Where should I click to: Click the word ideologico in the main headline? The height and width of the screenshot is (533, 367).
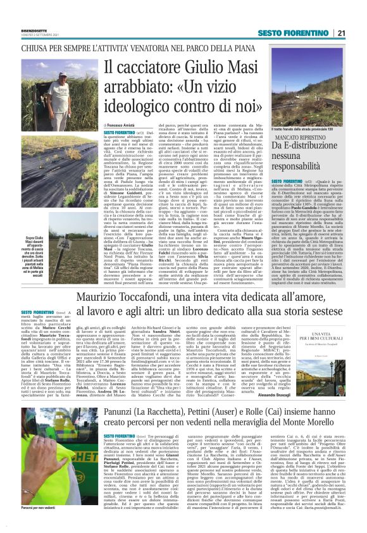[140, 108]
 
